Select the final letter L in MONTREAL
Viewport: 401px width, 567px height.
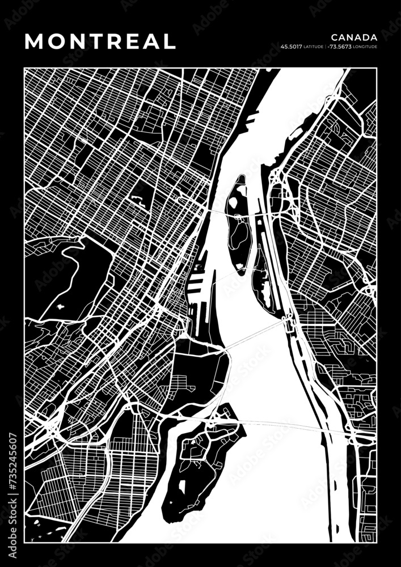[170, 41]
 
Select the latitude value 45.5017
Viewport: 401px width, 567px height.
[291, 46]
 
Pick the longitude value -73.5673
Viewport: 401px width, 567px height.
[340, 46]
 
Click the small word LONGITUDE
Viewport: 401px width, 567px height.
[365, 46]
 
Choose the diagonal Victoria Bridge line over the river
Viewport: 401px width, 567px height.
[255, 335]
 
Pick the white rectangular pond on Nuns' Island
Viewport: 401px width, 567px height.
[182, 486]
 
